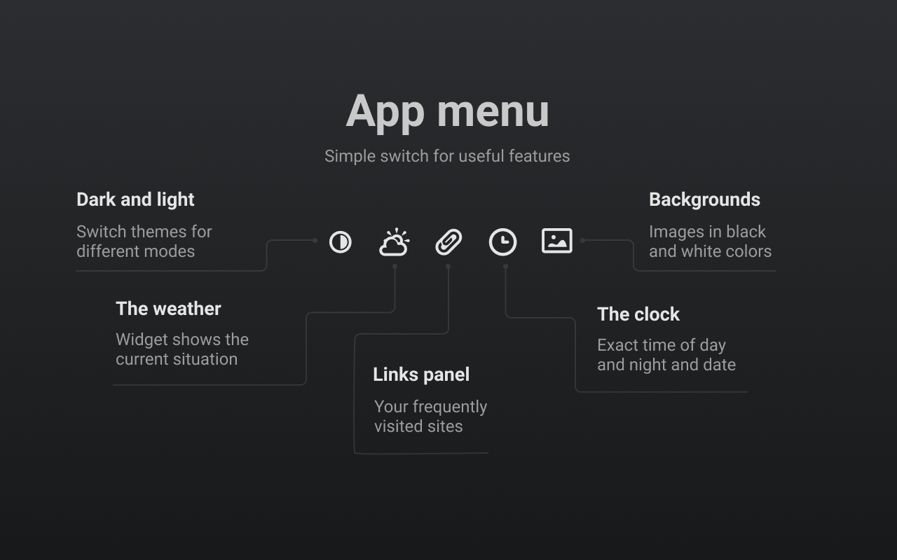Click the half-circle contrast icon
pyautogui.click(x=341, y=242)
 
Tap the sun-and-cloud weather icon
pyautogui.click(x=395, y=241)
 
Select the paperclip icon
pyautogui.click(x=448, y=242)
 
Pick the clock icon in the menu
pyautogui.click(x=502, y=242)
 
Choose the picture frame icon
pyautogui.click(x=557, y=241)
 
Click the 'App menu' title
pyautogui.click(x=447, y=112)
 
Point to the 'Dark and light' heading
pyautogui.click(x=135, y=199)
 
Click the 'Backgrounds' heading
pyautogui.click(x=704, y=199)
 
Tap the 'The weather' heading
pyautogui.click(x=168, y=309)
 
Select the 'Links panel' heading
pyautogui.click(x=421, y=374)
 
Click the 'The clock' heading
pyautogui.click(x=638, y=314)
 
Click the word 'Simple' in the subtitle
pyautogui.click(x=350, y=156)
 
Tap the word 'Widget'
pyautogui.click(x=139, y=340)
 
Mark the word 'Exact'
pyautogui.click(x=617, y=345)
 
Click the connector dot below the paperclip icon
pyautogui.click(x=448, y=267)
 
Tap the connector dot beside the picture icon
pyautogui.click(x=582, y=240)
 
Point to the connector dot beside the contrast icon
pyautogui.click(x=315, y=240)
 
